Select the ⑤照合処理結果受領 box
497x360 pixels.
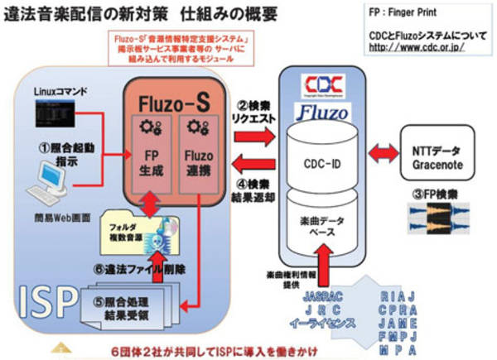[124, 310]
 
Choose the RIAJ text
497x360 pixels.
[399, 295]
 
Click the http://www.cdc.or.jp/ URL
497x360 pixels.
[415, 47]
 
